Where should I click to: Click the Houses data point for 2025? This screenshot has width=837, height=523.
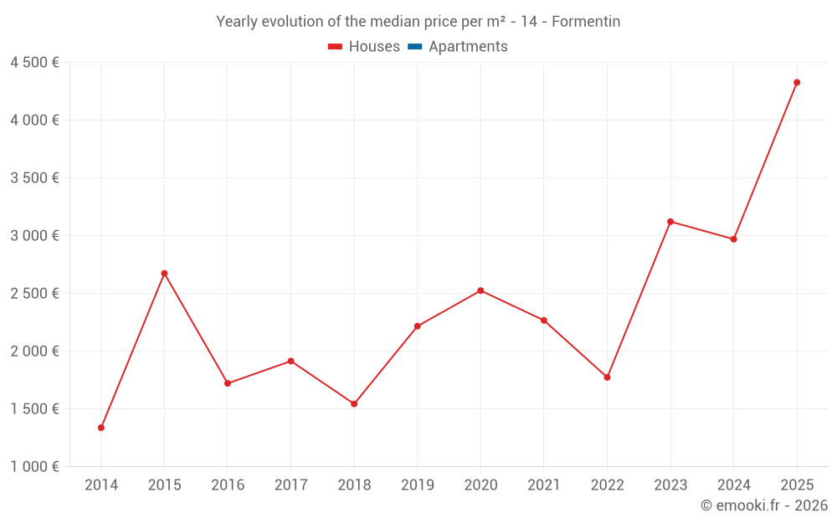797,82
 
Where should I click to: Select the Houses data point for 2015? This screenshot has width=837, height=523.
164,274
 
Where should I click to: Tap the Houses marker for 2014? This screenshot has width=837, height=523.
101,428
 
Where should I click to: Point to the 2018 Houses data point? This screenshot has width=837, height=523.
354,404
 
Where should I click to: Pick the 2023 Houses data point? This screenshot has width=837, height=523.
670,222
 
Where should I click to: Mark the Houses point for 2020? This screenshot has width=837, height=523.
480,290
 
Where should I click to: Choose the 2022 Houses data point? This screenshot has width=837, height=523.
607,377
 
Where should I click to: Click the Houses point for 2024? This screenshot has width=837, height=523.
734,239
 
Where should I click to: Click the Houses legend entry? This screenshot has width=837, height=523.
364,47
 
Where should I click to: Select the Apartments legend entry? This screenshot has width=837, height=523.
458,47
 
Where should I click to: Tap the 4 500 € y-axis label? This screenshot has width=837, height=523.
34,62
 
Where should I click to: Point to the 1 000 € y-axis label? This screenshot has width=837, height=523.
34,467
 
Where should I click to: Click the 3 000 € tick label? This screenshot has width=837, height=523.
34,236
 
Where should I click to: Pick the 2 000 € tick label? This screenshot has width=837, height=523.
34,351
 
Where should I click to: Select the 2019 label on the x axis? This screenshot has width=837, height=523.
417,485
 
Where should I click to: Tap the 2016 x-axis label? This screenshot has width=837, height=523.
228,485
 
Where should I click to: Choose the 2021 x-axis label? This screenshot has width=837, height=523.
544,485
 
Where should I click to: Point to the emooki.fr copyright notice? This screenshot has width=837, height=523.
764,505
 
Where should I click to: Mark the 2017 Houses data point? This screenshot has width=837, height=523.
290,361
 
